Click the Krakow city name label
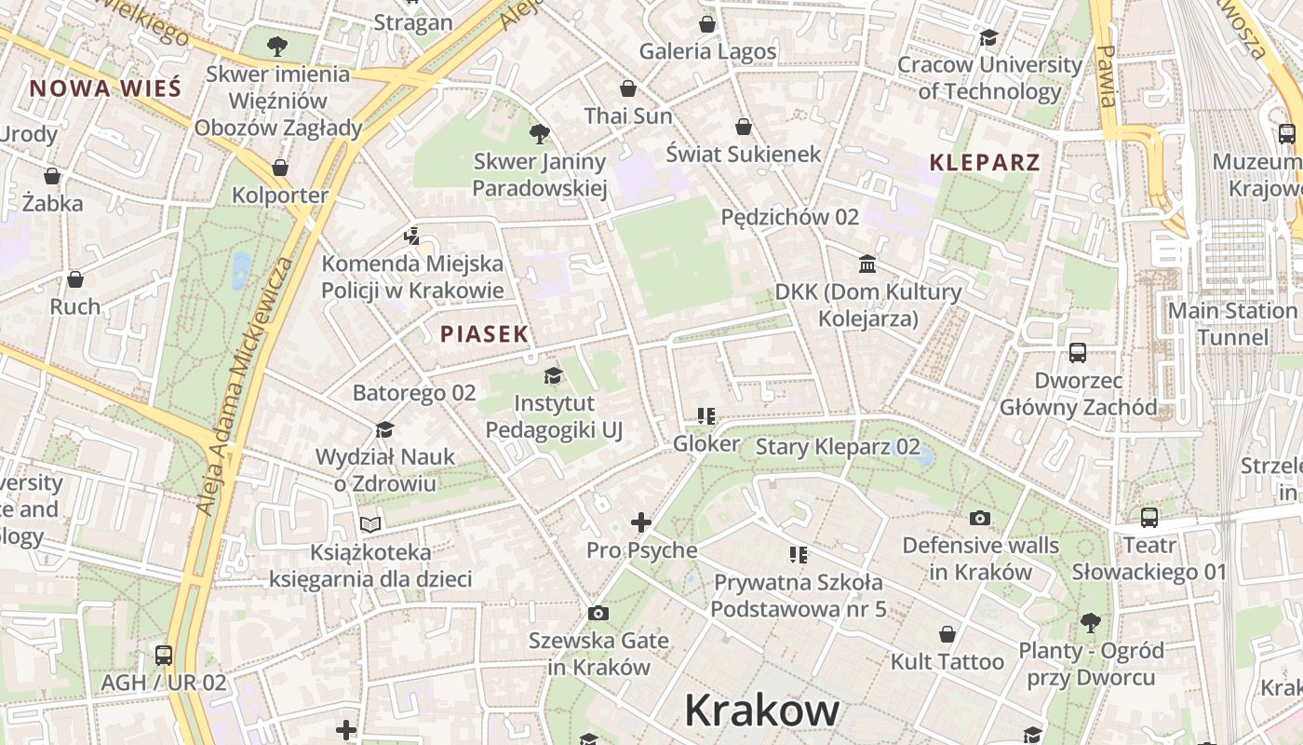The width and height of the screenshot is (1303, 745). pos(761,711)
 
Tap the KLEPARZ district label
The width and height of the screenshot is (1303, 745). pos(985,163)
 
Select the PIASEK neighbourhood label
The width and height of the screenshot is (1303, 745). pos(484,334)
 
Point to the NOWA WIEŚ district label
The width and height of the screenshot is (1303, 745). pos(104,89)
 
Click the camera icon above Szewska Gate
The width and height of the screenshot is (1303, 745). pos(598,613)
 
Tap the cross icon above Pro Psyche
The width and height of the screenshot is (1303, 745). pos(641,522)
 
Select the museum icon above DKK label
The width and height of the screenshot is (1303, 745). pos(868,264)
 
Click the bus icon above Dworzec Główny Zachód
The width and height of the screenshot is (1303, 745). pos(1078,353)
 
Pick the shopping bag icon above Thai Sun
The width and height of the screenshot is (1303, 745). pos(628,89)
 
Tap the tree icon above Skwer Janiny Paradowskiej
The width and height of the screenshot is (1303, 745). pos(539,134)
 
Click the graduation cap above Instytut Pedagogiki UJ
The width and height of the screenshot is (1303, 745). pos(554,375)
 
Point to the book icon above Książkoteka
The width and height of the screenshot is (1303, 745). pos(370,524)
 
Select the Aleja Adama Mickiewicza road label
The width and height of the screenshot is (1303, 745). pos(244,387)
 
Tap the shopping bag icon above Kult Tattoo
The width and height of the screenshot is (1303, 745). pos(947,635)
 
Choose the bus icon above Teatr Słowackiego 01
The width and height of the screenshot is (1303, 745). pos(1149,518)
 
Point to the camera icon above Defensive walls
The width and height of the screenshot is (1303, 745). pos(980,518)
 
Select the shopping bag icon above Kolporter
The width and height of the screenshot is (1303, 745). pos(280,169)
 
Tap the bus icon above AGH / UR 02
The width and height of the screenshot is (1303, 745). pos(164,655)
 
